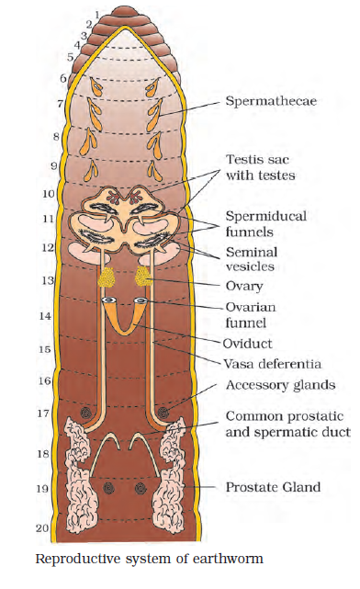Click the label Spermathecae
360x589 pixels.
(271, 101)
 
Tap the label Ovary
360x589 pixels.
(244, 287)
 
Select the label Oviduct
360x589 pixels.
(247, 344)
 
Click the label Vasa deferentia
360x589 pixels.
(273, 364)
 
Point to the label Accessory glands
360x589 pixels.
(280, 385)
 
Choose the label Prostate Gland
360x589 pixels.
(273, 487)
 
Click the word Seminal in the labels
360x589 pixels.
(252, 252)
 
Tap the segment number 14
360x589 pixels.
(45, 316)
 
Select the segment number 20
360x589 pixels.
(42, 528)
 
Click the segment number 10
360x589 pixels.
(49, 194)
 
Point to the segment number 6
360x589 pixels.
(63, 78)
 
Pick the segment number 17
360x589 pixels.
(43, 413)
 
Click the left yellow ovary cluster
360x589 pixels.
(107, 278)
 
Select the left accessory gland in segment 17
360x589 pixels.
(86, 413)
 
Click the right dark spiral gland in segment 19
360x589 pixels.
(141, 488)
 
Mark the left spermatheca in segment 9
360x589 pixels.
(91, 169)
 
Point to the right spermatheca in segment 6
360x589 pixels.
(152, 87)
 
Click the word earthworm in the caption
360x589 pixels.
(229, 559)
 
